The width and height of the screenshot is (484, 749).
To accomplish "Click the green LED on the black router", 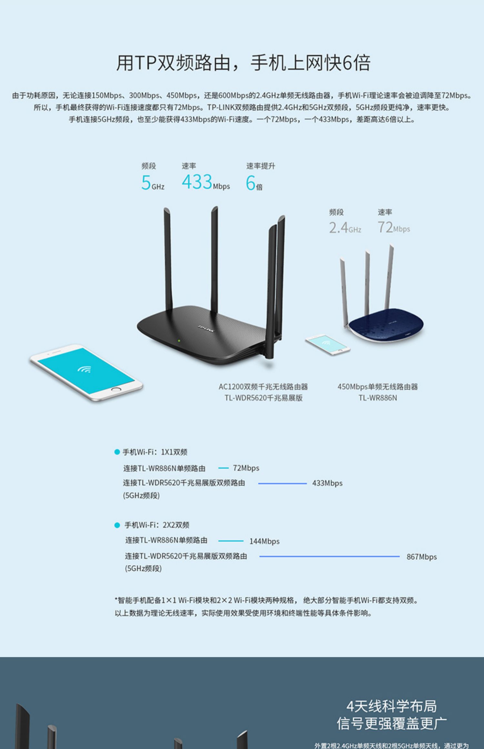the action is pyautogui.click(x=178, y=340).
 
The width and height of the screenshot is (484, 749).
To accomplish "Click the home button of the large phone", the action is pyautogui.click(x=116, y=389).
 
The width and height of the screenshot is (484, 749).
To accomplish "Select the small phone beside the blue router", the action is pyautogui.click(x=328, y=345).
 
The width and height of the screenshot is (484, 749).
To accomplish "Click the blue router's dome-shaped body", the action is pyautogui.click(x=386, y=324).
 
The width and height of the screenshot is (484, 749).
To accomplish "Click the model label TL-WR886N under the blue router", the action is pyautogui.click(x=378, y=398).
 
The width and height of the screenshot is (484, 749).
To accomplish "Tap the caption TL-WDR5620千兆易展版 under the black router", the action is pyautogui.click(x=264, y=398).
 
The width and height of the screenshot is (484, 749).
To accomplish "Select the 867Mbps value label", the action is pyautogui.click(x=421, y=557).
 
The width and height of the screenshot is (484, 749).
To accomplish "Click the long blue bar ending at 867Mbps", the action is pyautogui.click(x=329, y=556).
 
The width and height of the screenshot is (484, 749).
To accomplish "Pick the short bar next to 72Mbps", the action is pyautogui.click(x=223, y=468).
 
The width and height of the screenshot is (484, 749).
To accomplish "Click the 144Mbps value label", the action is pyautogui.click(x=264, y=541).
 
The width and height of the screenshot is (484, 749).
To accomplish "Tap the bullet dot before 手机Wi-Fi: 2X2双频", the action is pyautogui.click(x=117, y=525).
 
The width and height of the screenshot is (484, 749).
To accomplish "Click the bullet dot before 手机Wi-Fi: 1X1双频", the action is pyautogui.click(x=117, y=452).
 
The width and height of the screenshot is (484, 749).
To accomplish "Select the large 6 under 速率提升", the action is pyautogui.click(x=251, y=183).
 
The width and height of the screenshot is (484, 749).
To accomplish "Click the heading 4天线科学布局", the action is pyautogui.click(x=391, y=706).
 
